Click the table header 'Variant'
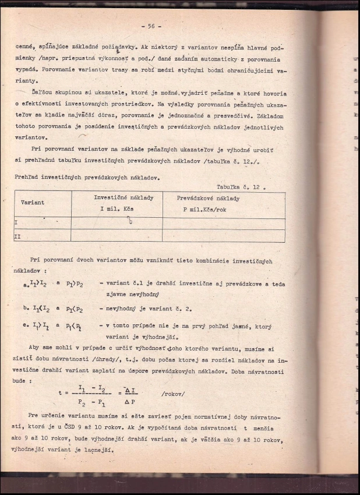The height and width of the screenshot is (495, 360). pyautogui.click(x=33, y=203)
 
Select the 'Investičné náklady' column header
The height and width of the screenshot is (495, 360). pyautogui.click(x=123, y=198)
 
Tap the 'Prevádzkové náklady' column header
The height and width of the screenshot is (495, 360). pyautogui.click(x=208, y=199)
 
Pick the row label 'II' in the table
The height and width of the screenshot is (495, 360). pyautogui.click(x=17, y=236)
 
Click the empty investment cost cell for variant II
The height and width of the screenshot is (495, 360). pyautogui.click(x=117, y=236)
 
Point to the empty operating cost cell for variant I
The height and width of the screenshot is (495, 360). pyautogui.click(x=223, y=222)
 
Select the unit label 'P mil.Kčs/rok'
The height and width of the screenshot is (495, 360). pyautogui.click(x=204, y=209)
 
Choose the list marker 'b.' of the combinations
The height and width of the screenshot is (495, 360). pyautogui.click(x=26, y=308)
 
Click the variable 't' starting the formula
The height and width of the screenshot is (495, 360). pyautogui.click(x=60, y=394)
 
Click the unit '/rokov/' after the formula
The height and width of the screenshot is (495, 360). pyautogui.click(x=173, y=394)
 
